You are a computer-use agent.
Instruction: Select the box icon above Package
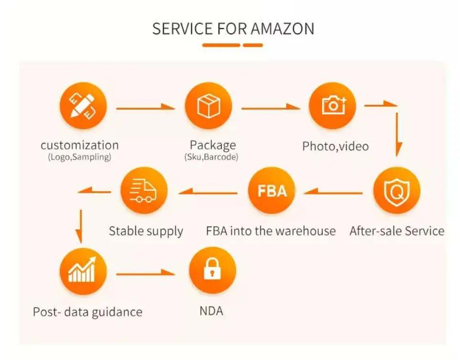pos(209,105)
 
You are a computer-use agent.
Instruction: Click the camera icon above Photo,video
pos(333,105)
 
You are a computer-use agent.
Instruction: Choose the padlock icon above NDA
pos(212,270)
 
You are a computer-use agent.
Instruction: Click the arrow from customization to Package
pos(146,108)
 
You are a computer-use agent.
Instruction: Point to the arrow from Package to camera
pos(271,108)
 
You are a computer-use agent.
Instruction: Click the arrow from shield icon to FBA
pos(333,192)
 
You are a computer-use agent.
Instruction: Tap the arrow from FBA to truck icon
pos(208,192)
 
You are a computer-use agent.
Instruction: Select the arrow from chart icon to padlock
pos(146,273)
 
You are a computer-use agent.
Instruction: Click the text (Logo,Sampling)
pos(80,157)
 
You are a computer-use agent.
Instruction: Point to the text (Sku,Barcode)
pos(211,157)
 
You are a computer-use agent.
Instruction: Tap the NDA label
pos(211,311)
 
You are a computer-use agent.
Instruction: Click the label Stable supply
pos(146,231)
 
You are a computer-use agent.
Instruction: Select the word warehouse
pos(306,231)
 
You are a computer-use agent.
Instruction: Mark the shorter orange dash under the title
pos(253,45)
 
